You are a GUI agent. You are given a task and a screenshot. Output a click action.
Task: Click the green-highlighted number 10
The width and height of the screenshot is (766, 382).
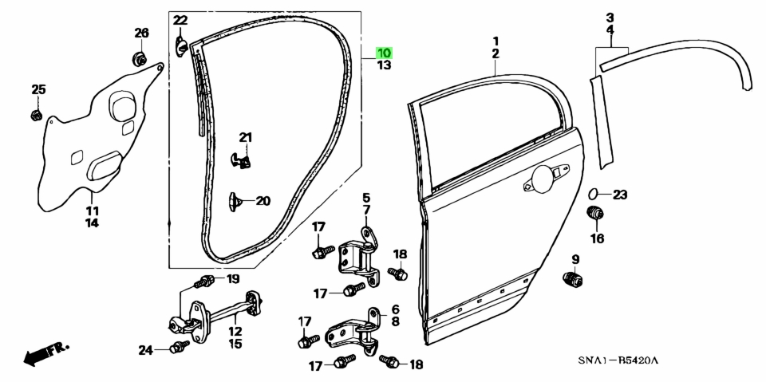pos(384,53)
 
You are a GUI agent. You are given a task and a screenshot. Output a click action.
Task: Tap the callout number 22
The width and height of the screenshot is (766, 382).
pos(180,21)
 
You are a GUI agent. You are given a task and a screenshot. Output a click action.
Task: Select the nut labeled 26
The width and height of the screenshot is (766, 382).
pos(139,59)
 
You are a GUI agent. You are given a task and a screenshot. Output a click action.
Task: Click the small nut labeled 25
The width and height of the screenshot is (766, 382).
pos(36,116)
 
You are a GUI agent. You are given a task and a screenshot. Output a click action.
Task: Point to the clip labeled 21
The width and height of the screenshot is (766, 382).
pos(240,160)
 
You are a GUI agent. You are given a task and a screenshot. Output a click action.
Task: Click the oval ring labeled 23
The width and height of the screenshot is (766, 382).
pos(593,194)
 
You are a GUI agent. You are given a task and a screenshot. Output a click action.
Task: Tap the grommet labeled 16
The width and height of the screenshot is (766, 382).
pos(594,214)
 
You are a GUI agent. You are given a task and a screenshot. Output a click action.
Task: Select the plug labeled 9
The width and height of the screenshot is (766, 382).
pos(573,280)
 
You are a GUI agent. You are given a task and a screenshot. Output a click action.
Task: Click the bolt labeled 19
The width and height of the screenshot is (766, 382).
pos(205,282)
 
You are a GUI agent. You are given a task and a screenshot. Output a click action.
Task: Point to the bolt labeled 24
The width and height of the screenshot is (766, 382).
pos(179,348)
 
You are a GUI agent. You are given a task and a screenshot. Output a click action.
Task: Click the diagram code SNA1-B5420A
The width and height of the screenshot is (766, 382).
pos(618,361)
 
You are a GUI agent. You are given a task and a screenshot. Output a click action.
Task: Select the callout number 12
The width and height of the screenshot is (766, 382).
pos(235,332)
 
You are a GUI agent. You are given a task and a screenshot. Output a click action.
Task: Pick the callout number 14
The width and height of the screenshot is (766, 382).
pos(92,223)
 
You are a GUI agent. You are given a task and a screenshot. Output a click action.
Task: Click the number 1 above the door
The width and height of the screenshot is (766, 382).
pos(496,41)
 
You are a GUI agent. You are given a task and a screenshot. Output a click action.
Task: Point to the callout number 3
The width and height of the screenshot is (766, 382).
pos(610,18)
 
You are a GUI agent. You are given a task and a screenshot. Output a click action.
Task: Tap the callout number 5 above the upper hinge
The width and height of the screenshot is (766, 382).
pos(366,198)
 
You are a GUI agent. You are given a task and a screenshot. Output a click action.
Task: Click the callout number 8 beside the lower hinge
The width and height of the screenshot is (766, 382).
pos(395,321)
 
